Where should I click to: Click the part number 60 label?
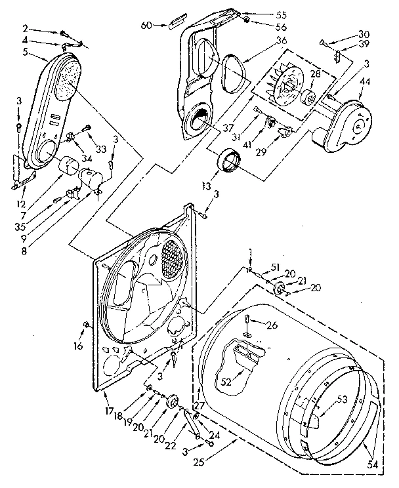[146, 25]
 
